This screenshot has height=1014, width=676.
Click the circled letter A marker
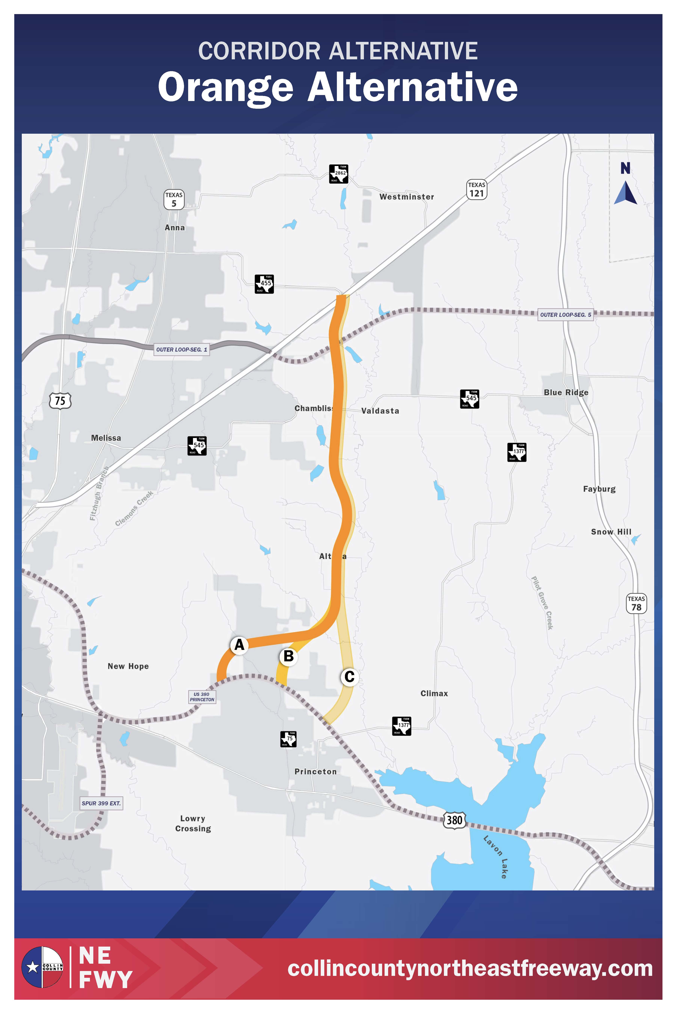239,645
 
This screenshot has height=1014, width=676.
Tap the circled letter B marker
288,656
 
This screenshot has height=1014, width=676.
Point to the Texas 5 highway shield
174,200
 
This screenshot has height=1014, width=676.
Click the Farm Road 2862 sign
338,174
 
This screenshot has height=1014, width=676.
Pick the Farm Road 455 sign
264,284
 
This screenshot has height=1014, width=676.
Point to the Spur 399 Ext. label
101,803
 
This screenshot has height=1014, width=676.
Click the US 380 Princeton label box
202,697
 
